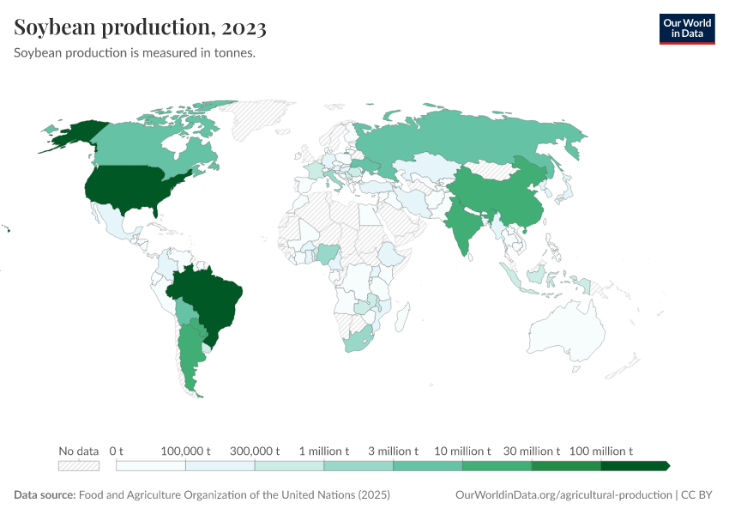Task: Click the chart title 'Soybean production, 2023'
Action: [140, 27]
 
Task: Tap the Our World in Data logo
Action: [686, 27]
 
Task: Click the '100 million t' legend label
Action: [600, 451]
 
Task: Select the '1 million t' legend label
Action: [323, 451]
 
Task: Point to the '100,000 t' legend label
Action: [186, 451]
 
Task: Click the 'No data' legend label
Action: [78, 451]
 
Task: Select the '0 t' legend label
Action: [117, 451]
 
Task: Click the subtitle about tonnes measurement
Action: [136, 53]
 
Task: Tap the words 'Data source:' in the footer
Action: [45, 495]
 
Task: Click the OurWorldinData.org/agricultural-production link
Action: [563, 495]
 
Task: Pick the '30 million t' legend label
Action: [531, 451]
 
